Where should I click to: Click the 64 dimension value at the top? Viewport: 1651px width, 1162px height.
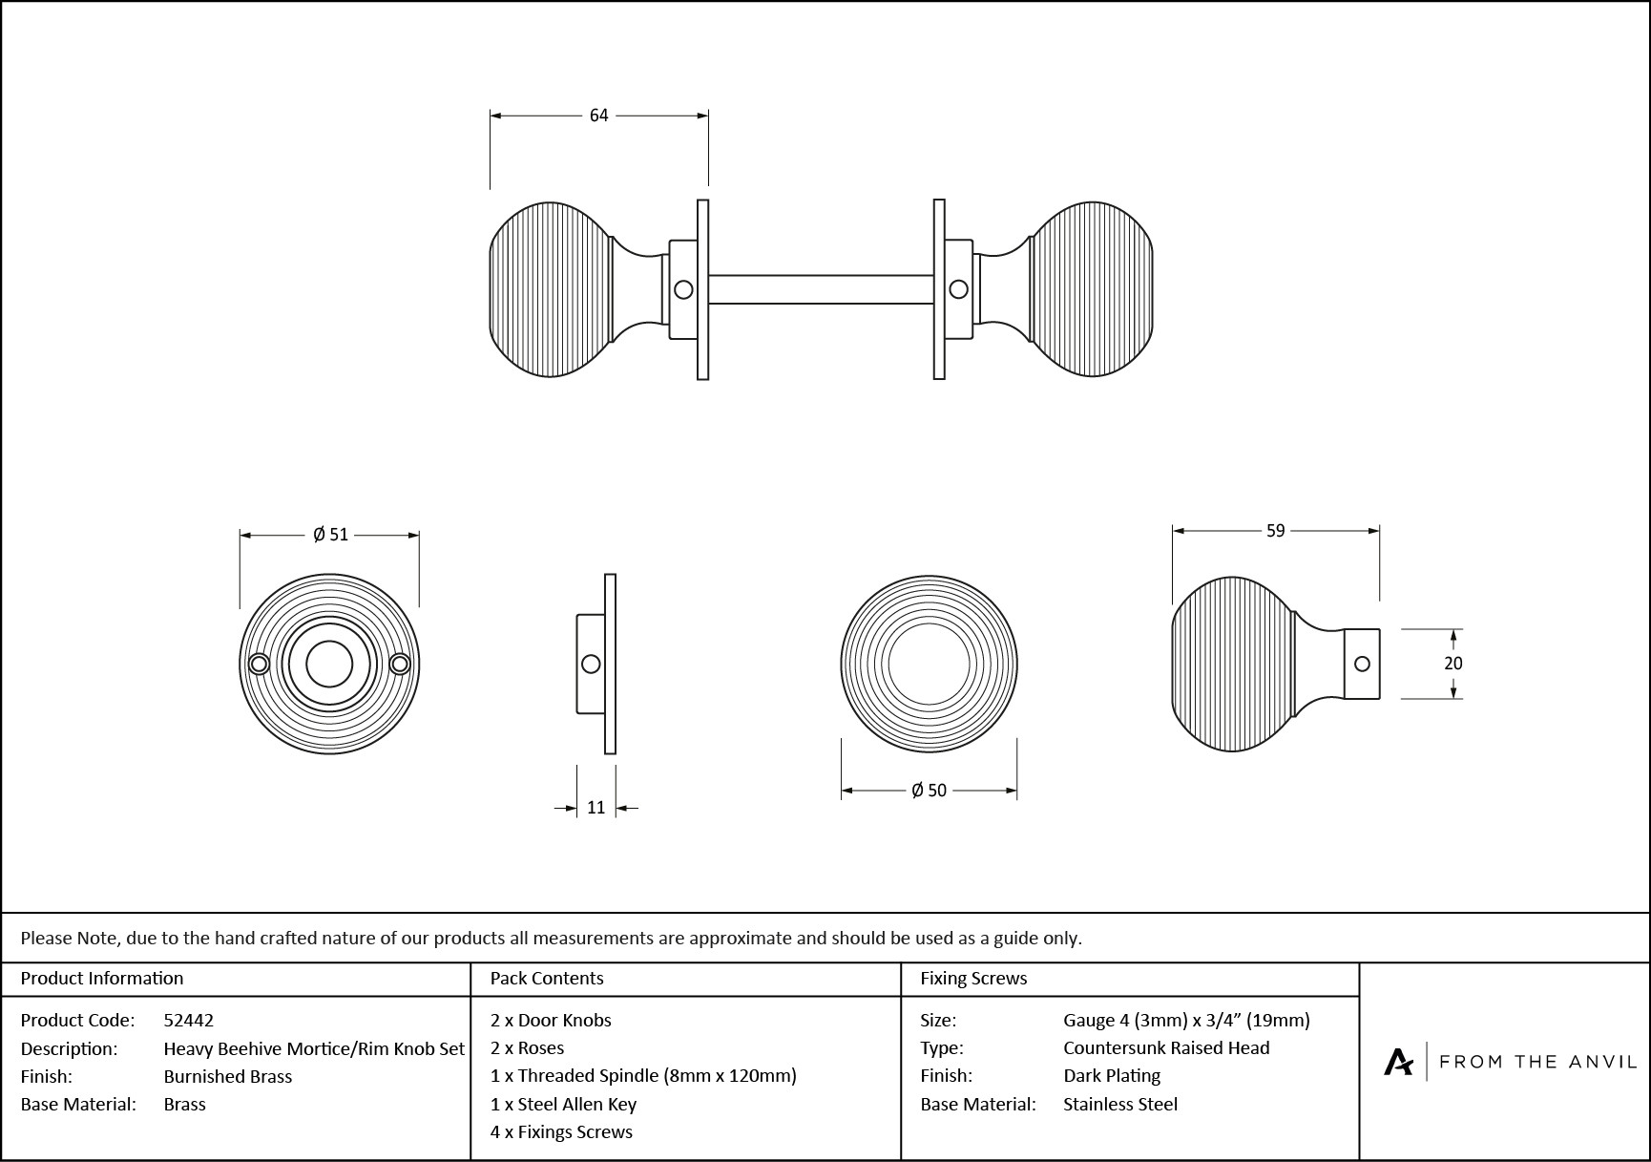pos(598,116)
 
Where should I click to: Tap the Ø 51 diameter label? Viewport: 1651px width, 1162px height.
pos(330,535)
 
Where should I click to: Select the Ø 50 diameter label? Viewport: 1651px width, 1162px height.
pos(929,791)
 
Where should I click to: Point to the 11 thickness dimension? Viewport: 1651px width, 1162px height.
pos(596,808)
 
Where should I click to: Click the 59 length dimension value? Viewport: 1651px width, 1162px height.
pos(1276,531)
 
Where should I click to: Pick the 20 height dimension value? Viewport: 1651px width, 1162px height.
pos(1452,664)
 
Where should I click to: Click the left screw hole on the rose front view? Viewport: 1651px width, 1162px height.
pos(258,665)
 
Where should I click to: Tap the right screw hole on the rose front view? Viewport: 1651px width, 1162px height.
pos(400,665)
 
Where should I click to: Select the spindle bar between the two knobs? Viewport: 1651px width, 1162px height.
pos(821,289)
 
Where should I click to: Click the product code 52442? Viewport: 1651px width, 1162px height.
pos(189,1020)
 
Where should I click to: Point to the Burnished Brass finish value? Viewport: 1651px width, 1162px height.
pos(228,1076)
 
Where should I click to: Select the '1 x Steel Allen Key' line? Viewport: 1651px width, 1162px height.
pos(563,1104)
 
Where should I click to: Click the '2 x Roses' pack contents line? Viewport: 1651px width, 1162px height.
pos(527,1047)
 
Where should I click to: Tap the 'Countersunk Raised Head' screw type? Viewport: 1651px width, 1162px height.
pos(1166,1047)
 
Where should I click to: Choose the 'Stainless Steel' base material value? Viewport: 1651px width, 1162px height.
pos(1120,1104)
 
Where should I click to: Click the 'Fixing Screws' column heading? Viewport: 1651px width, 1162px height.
pos(973,978)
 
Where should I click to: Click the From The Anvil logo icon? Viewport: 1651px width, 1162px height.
pos(1399,1062)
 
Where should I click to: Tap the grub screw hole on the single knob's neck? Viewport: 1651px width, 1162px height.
pos(1362,664)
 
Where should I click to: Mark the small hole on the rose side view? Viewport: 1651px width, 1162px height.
pos(591,664)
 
